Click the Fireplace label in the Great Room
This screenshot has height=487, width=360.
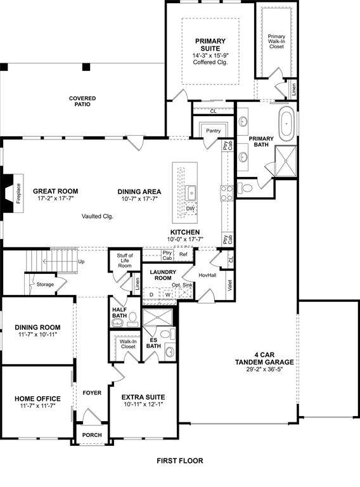pos(18,193)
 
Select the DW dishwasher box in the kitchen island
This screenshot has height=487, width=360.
pos(190,209)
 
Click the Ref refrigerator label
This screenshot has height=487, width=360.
pos(183,254)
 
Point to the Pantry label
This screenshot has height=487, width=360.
pos(213,131)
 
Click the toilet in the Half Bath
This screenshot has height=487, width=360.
pos(133,319)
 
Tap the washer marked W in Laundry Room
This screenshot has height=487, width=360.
pos(167,294)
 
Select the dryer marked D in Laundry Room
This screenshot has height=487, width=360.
pos(151,294)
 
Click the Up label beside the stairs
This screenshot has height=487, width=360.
pos(81,261)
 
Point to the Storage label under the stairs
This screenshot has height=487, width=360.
pos(45,284)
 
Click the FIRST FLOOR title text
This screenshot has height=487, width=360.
pos(180,460)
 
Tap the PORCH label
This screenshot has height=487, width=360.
pos(92,435)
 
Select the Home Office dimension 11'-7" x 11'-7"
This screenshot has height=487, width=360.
pos(37,406)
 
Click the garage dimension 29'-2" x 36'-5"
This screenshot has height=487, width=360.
pos(264,369)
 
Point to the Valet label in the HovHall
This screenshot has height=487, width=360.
pos(230,285)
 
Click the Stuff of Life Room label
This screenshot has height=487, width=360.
pos(125,261)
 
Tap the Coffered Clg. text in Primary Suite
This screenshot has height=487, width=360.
pos(210,62)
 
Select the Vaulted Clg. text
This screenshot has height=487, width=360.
pos(98,216)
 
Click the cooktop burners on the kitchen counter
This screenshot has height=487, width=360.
pos(227,193)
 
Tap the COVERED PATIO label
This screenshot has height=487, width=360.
pos(82,101)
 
